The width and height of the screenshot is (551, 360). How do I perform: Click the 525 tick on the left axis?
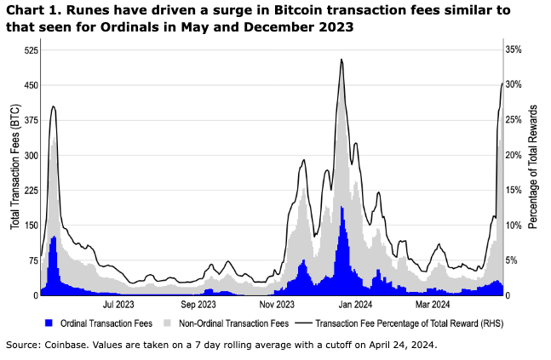pyautogui.click(x=31, y=50)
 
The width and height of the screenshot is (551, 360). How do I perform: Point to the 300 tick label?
pyautogui.click(x=31, y=156)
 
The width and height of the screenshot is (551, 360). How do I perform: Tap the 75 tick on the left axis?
pyautogui.click(x=33, y=260)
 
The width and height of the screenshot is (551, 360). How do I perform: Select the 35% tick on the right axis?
pyautogui.click(x=514, y=50)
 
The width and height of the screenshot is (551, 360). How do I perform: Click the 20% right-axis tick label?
pyautogui.click(x=514, y=155)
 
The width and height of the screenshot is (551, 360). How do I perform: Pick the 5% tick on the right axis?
pyautogui.click(x=512, y=260)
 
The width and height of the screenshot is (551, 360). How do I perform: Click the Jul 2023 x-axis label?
pyautogui.click(x=118, y=305)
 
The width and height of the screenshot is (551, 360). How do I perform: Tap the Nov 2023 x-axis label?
pyautogui.click(x=277, y=305)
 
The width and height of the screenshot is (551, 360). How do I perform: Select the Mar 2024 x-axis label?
pyautogui.click(x=433, y=305)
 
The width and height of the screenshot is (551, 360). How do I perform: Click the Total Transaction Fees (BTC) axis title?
pyautogui.click(x=14, y=167)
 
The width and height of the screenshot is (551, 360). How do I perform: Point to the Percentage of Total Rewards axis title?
pyautogui.click(x=533, y=167)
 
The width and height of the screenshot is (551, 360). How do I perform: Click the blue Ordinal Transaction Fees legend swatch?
pyautogui.click(x=49, y=323)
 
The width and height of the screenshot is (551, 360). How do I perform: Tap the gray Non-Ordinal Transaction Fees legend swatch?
pyautogui.click(x=167, y=323)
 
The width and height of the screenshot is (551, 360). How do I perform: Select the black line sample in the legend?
pyautogui.click(x=304, y=323)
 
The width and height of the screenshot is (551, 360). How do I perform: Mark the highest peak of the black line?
pyautogui.click(x=342, y=60)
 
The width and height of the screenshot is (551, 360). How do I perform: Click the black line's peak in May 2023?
pyautogui.click(x=53, y=106)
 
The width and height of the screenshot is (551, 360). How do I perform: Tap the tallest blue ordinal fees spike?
pyautogui.click(x=342, y=207)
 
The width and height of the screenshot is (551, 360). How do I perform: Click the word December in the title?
pyautogui.click(x=273, y=27)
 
